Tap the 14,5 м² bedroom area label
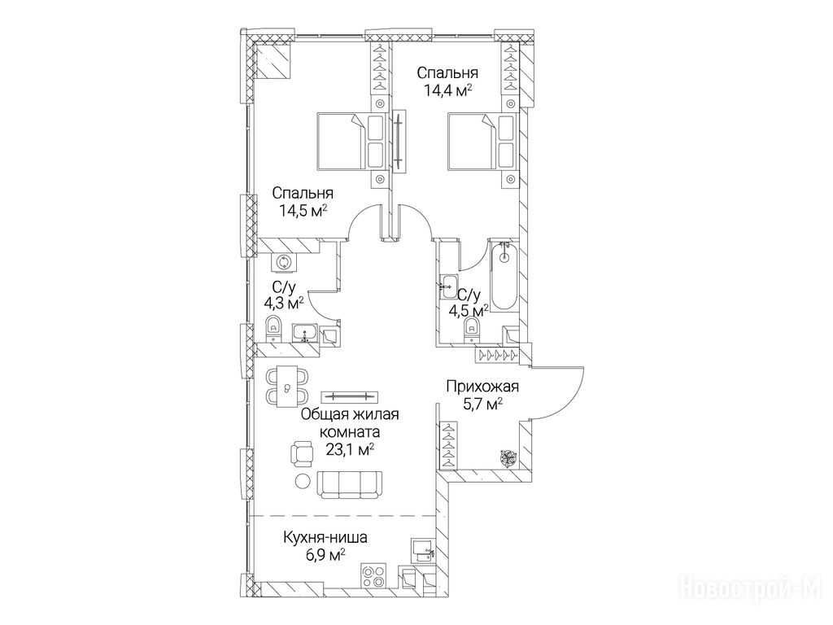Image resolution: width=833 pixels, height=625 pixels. click(x=303, y=211)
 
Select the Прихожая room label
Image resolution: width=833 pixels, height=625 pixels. click(x=482, y=387)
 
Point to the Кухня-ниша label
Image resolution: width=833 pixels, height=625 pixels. click(x=325, y=538)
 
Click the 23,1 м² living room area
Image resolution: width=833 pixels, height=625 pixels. click(x=350, y=450)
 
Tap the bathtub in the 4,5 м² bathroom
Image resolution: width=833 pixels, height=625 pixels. click(x=504, y=275)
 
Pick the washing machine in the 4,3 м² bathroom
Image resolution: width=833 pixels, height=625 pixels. click(x=282, y=262)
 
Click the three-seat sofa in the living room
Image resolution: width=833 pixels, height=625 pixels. click(x=350, y=484)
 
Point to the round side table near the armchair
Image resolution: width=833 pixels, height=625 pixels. click(x=303, y=481)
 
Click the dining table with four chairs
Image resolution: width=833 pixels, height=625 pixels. click(x=287, y=387)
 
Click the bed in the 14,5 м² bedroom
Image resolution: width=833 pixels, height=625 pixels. click(x=350, y=142)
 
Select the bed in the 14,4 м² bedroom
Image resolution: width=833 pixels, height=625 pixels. click(x=482, y=142)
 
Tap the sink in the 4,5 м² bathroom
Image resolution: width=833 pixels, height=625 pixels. click(x=448, y=287)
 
